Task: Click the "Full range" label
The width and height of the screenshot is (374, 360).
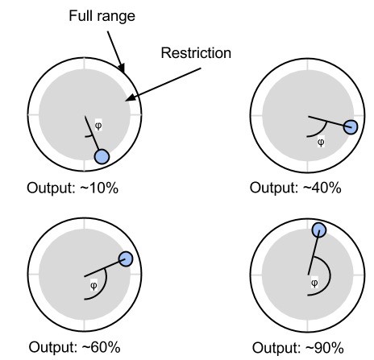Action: [102, 16]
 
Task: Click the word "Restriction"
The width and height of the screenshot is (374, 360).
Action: [196, 53]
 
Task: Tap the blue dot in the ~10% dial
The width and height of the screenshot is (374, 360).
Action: [102, 157]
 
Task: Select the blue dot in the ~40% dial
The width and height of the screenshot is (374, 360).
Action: [351, 127]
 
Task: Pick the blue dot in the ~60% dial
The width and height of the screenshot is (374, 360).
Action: [126, 259]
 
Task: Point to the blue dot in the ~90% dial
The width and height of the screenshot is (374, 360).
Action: [319, 230]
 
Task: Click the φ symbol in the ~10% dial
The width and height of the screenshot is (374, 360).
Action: [98, 125]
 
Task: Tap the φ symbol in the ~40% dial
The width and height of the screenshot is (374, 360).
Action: [321, 142]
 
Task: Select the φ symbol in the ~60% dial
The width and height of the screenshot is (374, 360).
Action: [93, 285]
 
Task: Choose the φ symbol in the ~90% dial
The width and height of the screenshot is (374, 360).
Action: [314, 283]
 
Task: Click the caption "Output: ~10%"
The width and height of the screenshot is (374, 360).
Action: [73, 188]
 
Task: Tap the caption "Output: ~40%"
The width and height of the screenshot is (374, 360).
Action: [296, 188]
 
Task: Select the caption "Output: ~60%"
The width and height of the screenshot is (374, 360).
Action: [74, 347]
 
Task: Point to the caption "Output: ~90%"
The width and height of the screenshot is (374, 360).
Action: [298, 348]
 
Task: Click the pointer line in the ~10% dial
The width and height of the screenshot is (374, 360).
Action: [92, 134]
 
